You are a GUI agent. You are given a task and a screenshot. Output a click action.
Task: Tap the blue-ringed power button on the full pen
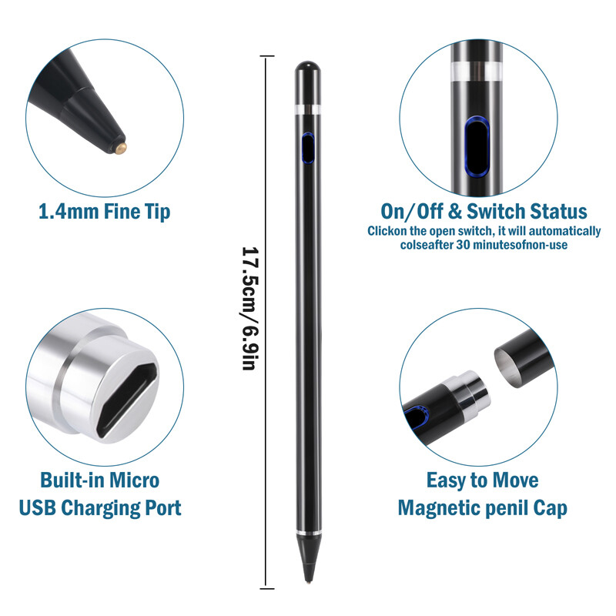click(x=307, y=148)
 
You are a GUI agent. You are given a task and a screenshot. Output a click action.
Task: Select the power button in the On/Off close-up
click(x=477, y=147)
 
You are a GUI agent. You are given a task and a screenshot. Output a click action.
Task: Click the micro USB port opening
click(x=127, y=400)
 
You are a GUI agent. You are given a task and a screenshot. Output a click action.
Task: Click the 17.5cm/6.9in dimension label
click(x=250, y=309)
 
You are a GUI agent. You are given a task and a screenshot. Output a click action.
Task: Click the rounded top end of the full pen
click(x=307, y=67)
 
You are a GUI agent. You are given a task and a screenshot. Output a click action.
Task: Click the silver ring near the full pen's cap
click(x=307, y=109)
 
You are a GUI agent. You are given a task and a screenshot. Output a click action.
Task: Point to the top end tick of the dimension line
click(x=267, y=56)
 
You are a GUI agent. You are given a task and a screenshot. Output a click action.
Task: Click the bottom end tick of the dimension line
click(x=267, y=588)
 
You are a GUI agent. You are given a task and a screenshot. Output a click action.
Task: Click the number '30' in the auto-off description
click(x=463, y=245)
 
